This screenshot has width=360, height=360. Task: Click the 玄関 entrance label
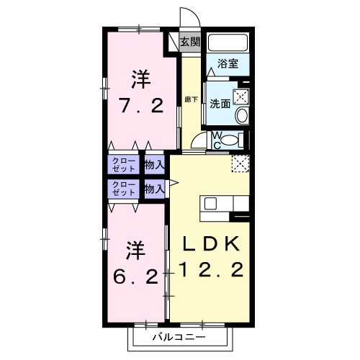coord(190,42)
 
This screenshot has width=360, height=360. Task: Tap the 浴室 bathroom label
coord(229,63)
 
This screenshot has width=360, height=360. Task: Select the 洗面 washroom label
coord(220,103)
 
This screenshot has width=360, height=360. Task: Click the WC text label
coord(216,140)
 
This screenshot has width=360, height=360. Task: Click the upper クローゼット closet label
coord(123,164)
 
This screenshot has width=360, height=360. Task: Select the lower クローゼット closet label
coord(123,189)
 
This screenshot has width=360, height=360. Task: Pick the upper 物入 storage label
coord(153,165)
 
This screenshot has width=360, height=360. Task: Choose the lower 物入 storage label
coord(153,189)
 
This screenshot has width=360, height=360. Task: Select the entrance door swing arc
coord(187,17)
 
